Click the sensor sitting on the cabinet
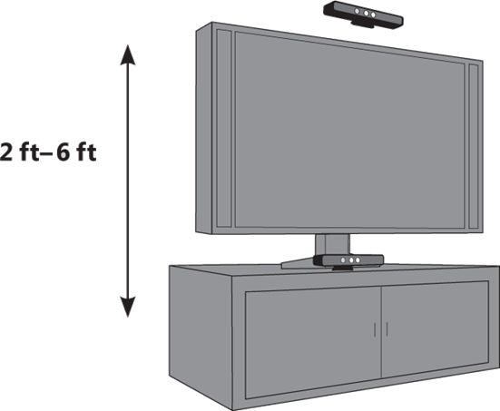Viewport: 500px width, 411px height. click(x=348, y=260)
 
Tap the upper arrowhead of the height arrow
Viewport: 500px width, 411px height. click(x=128, y=54)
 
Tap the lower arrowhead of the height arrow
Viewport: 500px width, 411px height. click(x=128, y=307)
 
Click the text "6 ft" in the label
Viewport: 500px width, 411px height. click(x=76, y=152)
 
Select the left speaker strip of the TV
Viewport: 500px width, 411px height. click(x=224, y=128)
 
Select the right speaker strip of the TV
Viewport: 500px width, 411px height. click(x=474, y=146)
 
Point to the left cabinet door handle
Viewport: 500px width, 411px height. click(x=375, y=329)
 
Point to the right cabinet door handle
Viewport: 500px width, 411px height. click(x=387, y=329)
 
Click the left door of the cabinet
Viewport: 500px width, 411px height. click(x=313, y=342)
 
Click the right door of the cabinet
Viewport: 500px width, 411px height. click(x=435, y=329)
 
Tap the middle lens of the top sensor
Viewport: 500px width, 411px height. click(x=366, y=14)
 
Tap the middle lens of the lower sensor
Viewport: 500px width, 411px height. click(x=350, y=260)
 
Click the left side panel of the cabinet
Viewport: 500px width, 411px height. click(x=201, y=335)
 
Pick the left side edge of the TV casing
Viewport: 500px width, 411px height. click(x=204, y=128)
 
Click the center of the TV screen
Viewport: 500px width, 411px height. click(x=349, y=130)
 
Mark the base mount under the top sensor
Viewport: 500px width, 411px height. click(x=363, y=24)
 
